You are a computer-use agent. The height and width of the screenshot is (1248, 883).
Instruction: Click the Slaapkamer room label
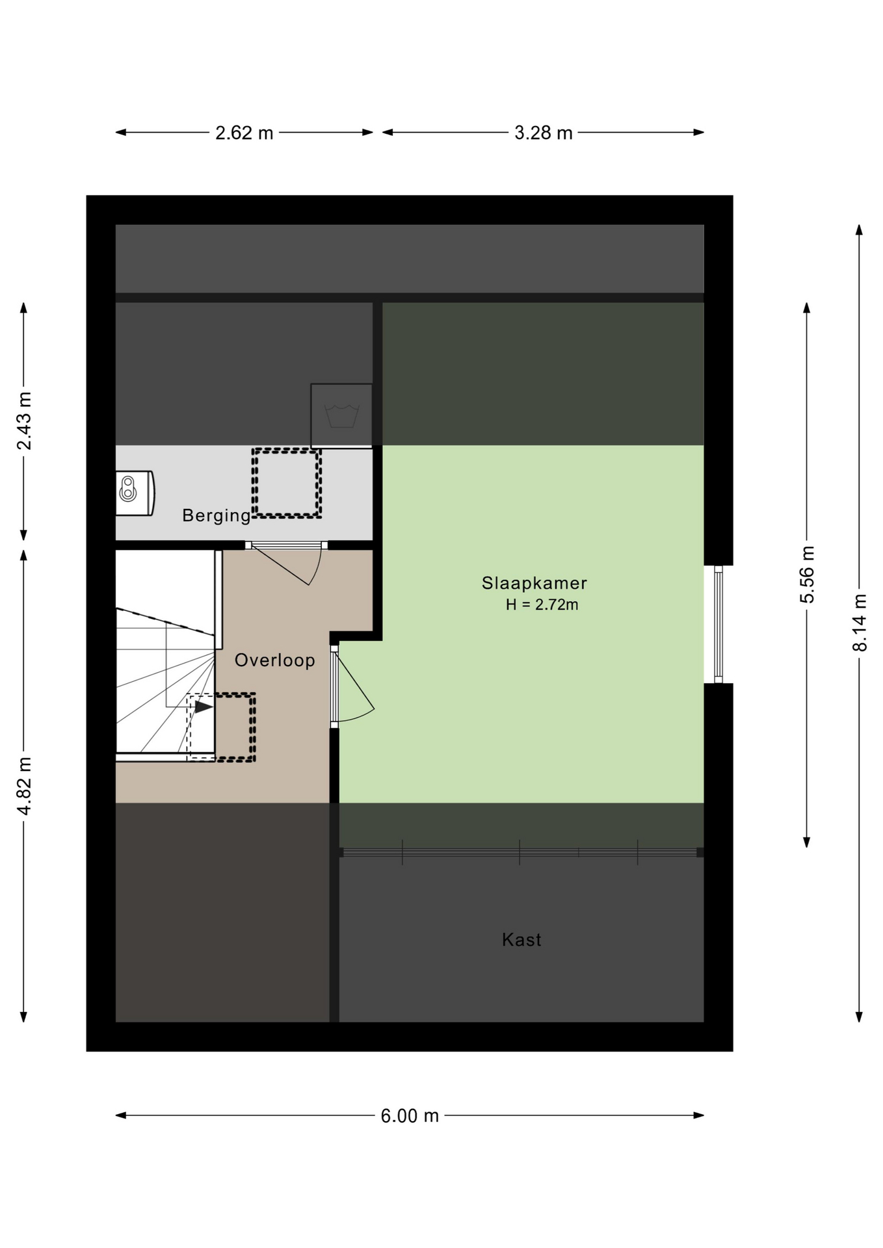[534, 583]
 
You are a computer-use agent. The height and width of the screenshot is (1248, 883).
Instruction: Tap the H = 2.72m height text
[542, 604]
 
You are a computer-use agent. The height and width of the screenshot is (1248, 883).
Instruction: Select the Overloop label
[274, 660]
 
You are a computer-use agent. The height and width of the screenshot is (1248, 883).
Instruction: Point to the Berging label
[216, 515]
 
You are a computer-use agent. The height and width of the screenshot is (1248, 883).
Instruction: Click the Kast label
[521, 939]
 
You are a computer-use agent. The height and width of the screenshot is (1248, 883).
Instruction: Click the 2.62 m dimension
[244, 133]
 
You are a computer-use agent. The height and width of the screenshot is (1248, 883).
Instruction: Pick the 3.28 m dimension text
[544, 133]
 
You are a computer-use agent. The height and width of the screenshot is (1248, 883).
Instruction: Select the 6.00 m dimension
[410, 1115]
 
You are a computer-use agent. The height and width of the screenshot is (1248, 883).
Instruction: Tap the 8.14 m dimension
[860, 623]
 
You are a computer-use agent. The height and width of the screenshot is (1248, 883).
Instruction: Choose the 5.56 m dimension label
[807, 575]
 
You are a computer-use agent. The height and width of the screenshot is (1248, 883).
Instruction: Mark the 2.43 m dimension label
[24, 421]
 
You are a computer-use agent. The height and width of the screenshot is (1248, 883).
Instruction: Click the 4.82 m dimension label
[24, 786]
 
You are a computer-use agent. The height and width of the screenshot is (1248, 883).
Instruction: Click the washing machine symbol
[341, 415]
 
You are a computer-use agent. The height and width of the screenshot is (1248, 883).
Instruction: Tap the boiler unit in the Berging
[135, 493]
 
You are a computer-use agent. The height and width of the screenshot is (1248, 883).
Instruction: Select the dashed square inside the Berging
[287, 483]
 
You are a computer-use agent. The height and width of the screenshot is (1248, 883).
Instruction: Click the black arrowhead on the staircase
[204, 707]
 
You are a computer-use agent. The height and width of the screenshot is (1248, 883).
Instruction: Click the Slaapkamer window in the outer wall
[718, 625]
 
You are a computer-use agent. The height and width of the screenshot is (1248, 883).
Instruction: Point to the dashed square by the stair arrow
[221, 727]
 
